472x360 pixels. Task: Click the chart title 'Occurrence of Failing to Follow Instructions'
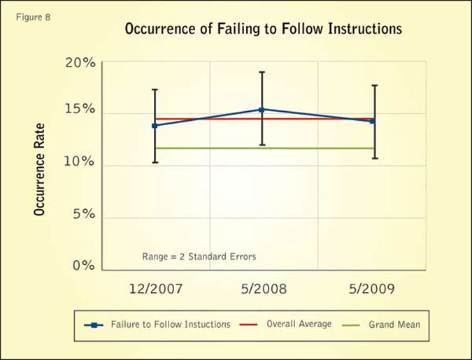tap(263, 29)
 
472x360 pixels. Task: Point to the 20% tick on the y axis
tap(80, 63)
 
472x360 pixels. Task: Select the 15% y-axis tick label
tap(80, 110)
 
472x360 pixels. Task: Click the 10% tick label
tap(80, 162)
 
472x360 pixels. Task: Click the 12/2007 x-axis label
tap(155, 289)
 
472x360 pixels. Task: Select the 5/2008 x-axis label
tap(262, 289)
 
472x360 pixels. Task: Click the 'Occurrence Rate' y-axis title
tap(40, 169)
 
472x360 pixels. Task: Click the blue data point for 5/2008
tap(262, 109)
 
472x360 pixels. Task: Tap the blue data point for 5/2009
tap(373, 121)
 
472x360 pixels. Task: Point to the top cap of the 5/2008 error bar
tap(262, 72)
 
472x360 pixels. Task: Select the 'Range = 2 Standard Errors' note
tap(199, 257)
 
